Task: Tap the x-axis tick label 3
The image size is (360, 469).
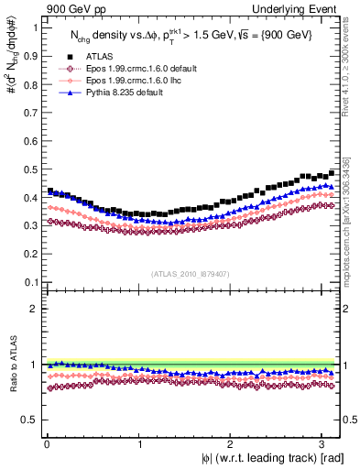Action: click(x=322, y=444)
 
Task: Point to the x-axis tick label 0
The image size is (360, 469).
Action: click(x=46, y=444)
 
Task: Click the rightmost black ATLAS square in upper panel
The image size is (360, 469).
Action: click(x=332, y=172)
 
